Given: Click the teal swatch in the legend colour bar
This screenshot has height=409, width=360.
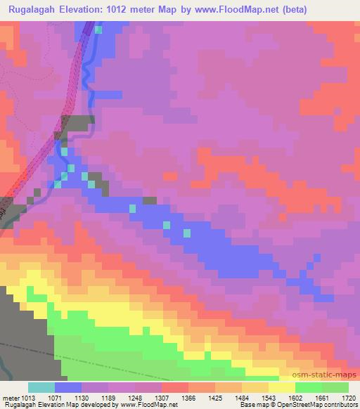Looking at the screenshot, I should (41, 387).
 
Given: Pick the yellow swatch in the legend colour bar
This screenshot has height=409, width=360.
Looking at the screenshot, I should (281, 387).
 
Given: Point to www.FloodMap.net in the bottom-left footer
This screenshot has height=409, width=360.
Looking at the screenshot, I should (147, 405).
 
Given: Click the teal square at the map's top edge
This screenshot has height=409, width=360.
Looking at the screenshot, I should (98, 30).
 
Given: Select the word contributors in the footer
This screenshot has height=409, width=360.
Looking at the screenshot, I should (339, 405).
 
